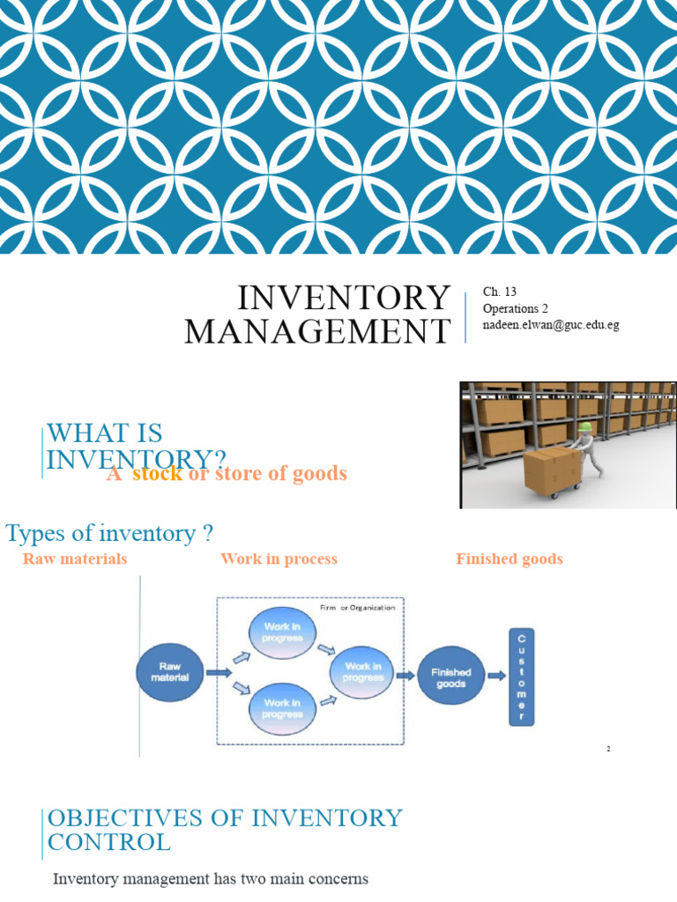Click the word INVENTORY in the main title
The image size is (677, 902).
tap(343, 299)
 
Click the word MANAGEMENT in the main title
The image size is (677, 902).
tap(317, 331)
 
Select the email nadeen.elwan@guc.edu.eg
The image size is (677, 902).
tap(551, 324)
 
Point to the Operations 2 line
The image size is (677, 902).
tap(516, 308)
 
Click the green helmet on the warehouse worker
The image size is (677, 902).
tap(584, 427)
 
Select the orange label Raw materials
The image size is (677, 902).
tap(75, 559)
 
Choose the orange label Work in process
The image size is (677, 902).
tap(279, 559)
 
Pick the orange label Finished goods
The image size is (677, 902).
tap(509, 559)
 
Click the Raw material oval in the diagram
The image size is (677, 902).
tap(169, 673)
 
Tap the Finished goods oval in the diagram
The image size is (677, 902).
tap(450, 676)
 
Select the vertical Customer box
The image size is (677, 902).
tap(521, 676)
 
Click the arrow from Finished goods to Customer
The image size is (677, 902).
tap(496, 676)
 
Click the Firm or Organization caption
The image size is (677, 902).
tap(356, 607)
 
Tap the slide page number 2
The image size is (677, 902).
tap(607, 749)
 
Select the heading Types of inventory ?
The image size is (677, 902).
tap(110, 533)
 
